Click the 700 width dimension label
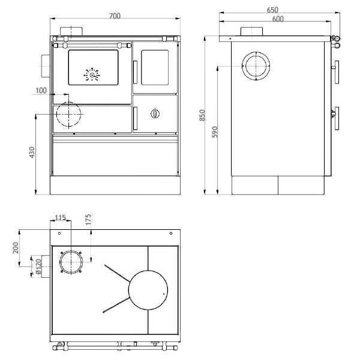[115, 15]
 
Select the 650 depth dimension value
[273, 10]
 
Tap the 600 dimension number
[277, 19]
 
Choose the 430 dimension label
[32, 154]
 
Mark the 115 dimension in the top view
[60, 217]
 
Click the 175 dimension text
[89, 219]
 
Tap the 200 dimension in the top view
[16, 248]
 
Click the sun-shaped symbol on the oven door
[91, 75]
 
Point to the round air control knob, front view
[155, 113]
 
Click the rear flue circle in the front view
[69, 115]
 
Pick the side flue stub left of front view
[46, 65]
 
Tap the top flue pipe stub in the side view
[251, 32]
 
